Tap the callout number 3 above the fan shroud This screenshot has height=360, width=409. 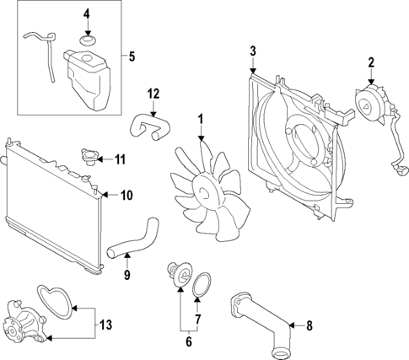point(252,53)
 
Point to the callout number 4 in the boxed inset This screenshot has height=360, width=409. point(86,14)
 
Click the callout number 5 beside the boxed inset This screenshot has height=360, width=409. point(132,58)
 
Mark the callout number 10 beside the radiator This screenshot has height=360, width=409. point(126,196)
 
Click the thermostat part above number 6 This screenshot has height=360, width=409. point(178,277)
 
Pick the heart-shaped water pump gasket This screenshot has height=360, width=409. point(57,298)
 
